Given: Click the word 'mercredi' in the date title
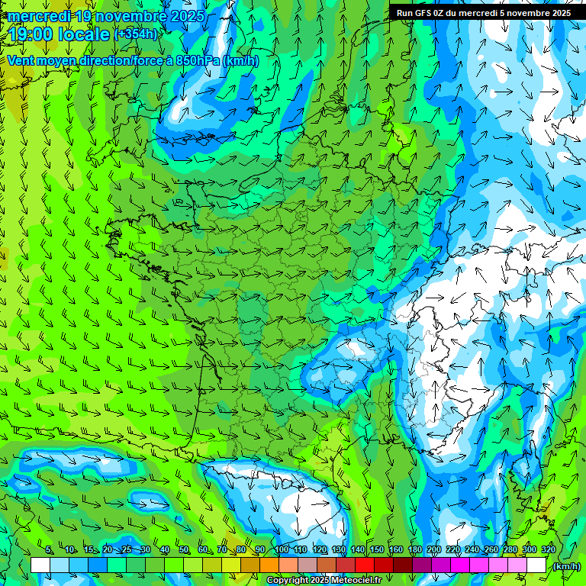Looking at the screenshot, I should pos(39,15).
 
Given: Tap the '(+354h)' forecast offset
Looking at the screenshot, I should pos(136,34).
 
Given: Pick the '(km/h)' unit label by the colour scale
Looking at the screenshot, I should pos(565,565).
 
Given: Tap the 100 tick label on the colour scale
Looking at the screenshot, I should pos(281,549).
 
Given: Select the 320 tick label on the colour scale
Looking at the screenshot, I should pos(548,549).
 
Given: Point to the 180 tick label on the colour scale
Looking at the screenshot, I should pos(414,549).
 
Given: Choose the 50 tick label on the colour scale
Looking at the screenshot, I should pos(184,549).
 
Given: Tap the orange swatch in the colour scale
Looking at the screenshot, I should pos(269,565).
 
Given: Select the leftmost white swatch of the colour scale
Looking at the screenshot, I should pos(40,565).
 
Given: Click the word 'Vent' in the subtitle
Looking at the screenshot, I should pos(21,60).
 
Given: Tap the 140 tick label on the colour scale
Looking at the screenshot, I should pos(357,549).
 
